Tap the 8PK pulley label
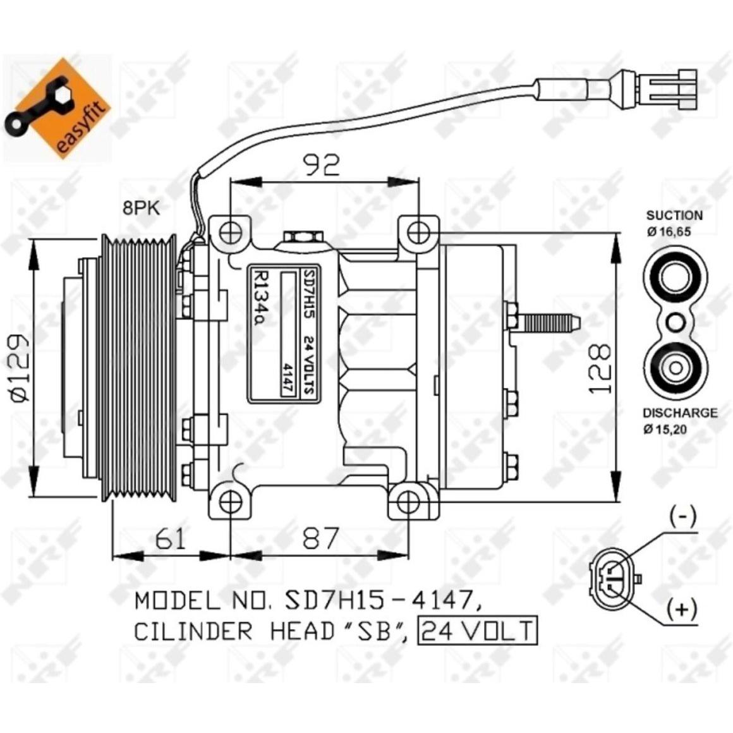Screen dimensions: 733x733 click(141, 208)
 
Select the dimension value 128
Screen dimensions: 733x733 click(600, 369)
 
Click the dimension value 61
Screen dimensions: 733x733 click(171, 538)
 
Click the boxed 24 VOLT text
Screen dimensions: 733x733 click(477, 631)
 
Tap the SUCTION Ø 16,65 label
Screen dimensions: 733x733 click(674, 223)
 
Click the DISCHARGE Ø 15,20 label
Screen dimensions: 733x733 click(679, 420)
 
